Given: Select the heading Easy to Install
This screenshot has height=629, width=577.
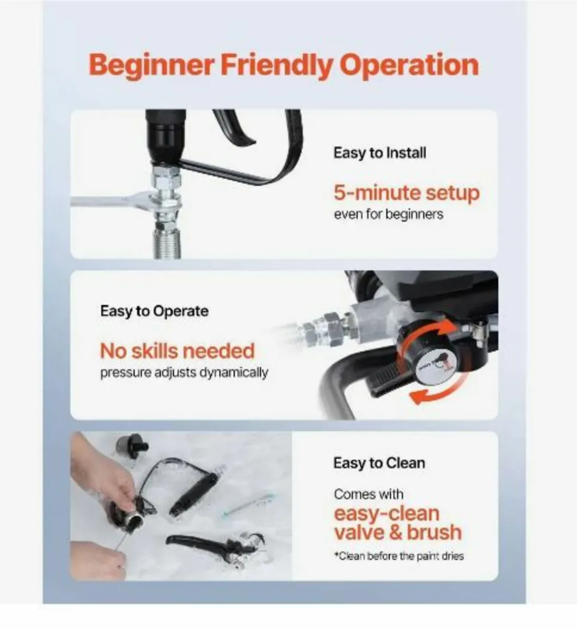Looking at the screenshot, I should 379,153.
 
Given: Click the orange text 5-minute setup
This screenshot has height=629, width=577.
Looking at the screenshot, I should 407,192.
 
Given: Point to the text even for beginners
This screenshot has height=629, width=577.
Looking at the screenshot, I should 388,214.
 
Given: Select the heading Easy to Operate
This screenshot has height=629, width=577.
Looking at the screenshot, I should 154,311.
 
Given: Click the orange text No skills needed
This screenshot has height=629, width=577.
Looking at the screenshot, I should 177,351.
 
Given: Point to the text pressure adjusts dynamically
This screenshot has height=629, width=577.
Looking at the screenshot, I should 184,373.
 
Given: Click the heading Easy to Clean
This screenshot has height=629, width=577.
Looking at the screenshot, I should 379,463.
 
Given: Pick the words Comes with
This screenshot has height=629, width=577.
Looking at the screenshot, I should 368,494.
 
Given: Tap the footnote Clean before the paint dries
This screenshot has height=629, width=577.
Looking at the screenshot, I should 399,556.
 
